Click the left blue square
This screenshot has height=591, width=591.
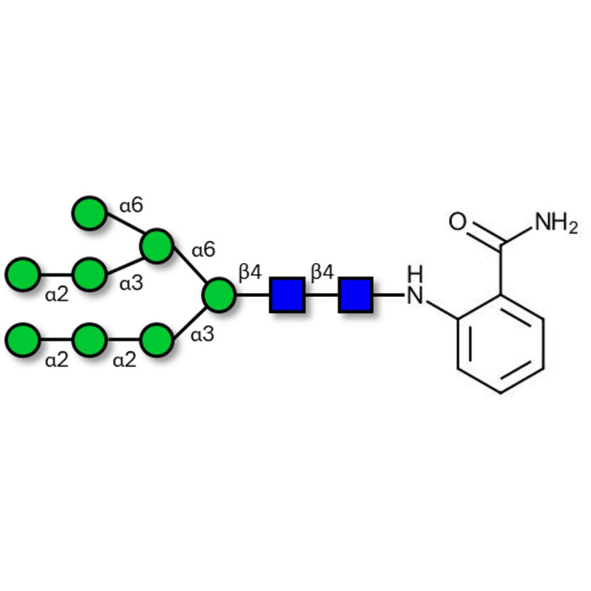[x=287, y=295]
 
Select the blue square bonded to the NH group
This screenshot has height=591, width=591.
[x=355, y=295]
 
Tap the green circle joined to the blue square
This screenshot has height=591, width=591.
[x=219, y=295]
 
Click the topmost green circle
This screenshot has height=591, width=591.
[x=89, y=213]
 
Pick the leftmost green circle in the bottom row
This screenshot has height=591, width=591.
[x=23, y=340]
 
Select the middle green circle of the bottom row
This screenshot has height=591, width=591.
[x=89, y=340]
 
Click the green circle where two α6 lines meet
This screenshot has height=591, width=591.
[x=157, y=247]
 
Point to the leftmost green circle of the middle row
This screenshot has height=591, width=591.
[x=23, y=273]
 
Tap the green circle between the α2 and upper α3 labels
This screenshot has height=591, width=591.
[x=89, y=273]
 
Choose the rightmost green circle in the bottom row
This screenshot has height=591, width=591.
[x=156, y=340]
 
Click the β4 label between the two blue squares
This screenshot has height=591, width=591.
[x=322, y=273]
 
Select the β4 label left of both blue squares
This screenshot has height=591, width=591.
[x=250, y=273]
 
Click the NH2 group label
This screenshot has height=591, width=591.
[x=556, y=222]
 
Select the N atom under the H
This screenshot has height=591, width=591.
[x=416, y=296]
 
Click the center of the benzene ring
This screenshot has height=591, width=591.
[x=502, y=345]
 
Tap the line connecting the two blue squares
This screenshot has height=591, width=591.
[x=321, y=295]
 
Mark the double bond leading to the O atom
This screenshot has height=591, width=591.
[x=485, y=233]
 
